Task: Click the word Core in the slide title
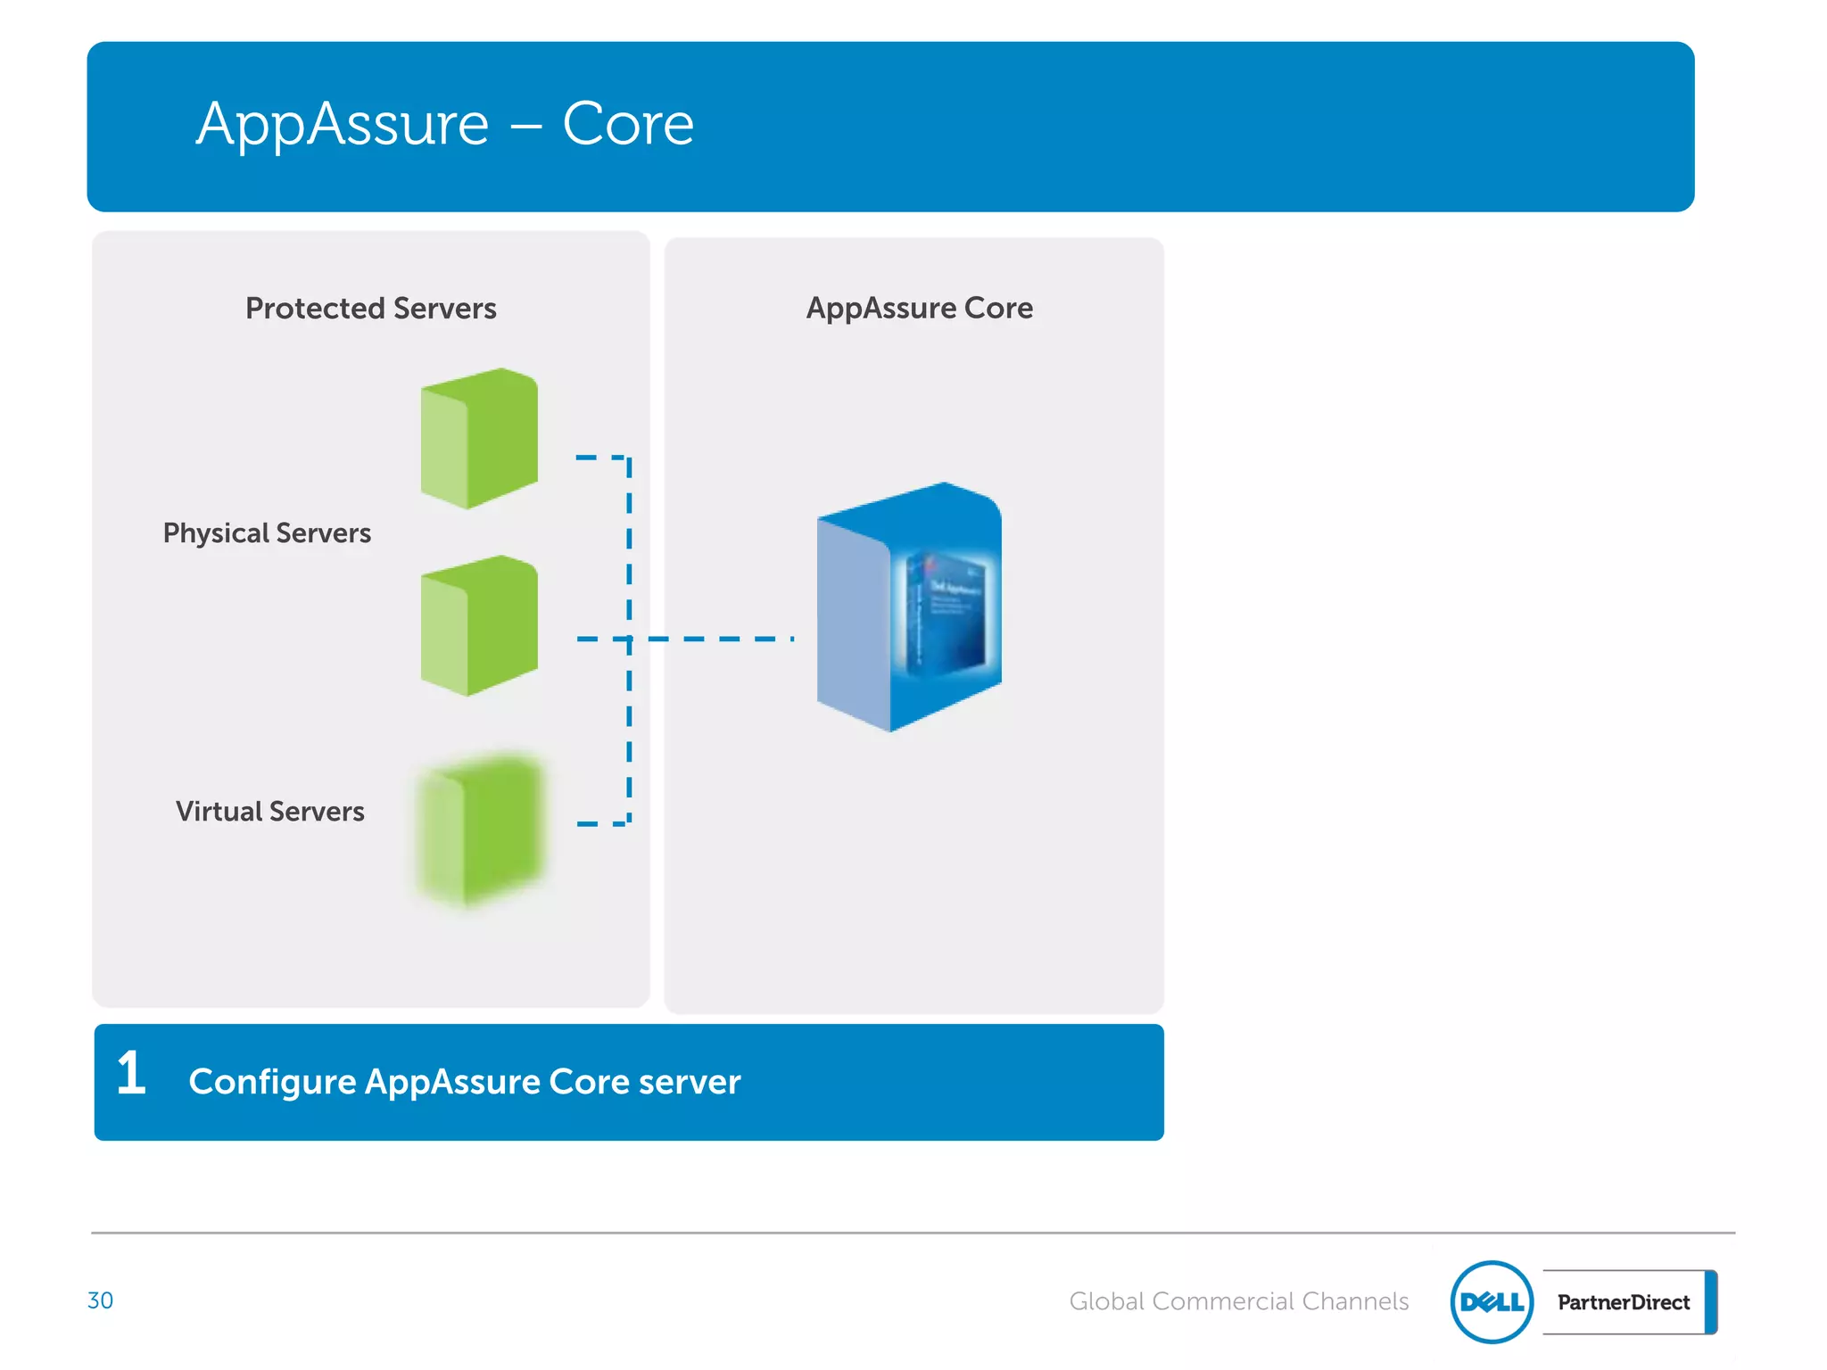[627, 124]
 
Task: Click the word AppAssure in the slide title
[343, 124]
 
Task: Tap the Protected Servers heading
[370, 308]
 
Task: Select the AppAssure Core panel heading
[919, 308]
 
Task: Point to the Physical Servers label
[267, 532]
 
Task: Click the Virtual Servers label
[269, 811]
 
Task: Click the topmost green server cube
[480, 438]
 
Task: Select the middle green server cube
[480, 625]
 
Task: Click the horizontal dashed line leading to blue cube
[723, 639]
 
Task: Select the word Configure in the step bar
[272, 1082]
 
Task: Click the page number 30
[100, 1300]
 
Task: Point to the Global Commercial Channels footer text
[1238, 1301]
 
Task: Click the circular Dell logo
[1492, 1302]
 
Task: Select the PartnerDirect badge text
[1623, 1302]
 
